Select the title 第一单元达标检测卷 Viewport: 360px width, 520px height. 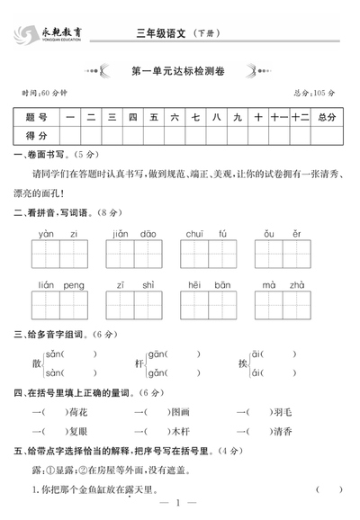[x=180, y=68]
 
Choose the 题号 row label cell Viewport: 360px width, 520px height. [x=37, y=117]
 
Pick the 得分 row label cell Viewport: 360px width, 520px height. [x=37, y=135]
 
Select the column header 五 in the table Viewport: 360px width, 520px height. [x=154, y=117]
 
